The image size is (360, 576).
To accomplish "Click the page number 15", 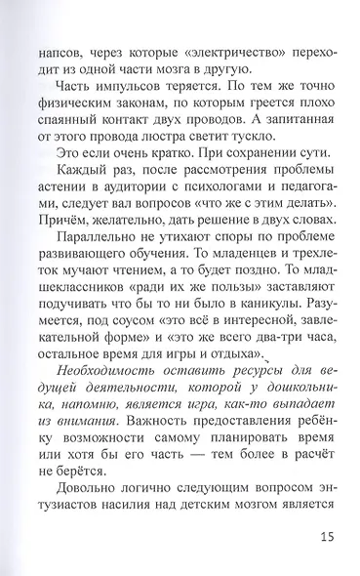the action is (326, 537).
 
